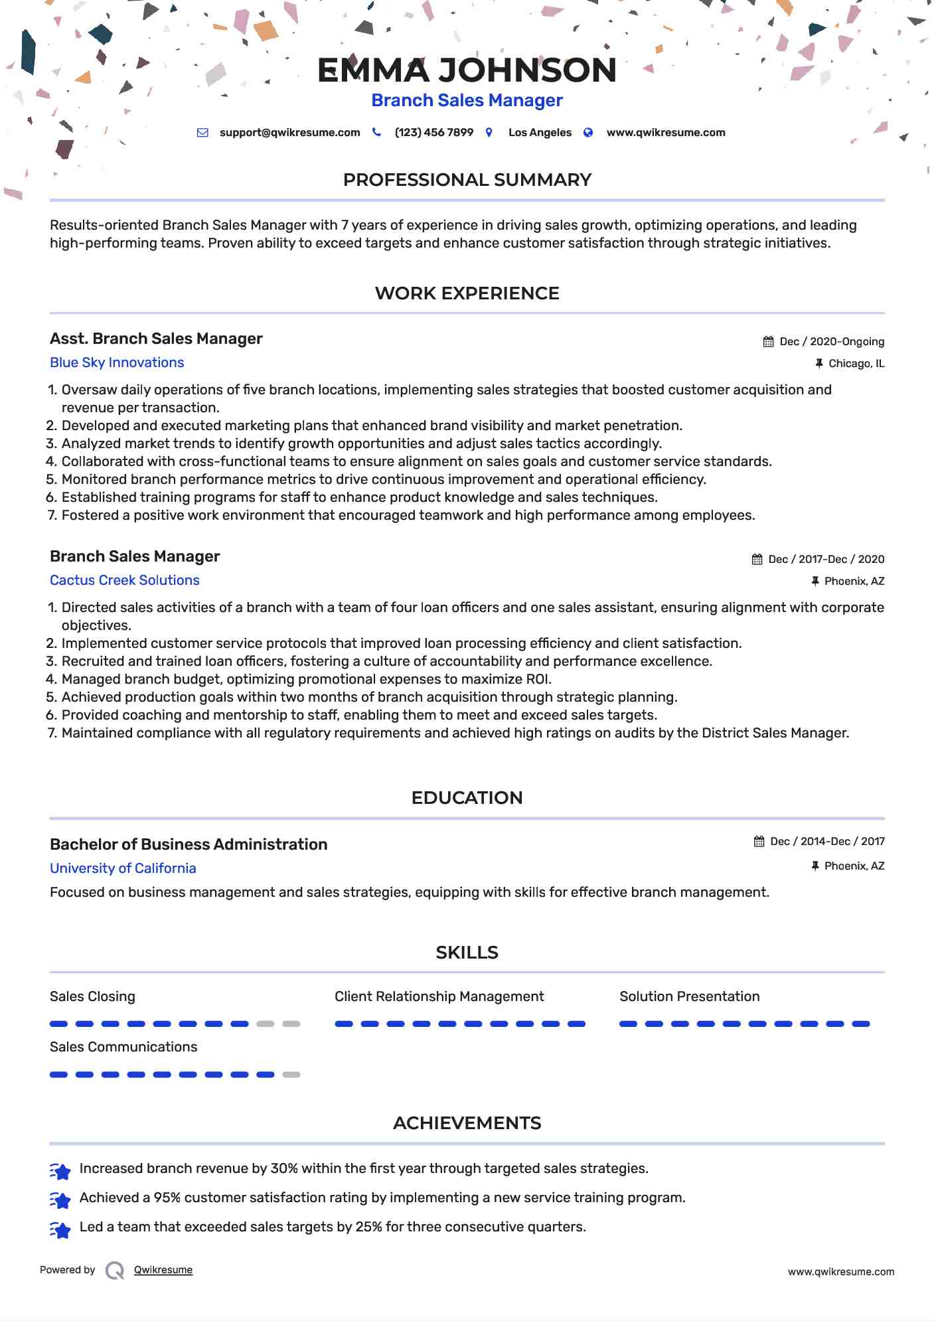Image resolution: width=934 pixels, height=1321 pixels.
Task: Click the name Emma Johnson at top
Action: coord(467,70)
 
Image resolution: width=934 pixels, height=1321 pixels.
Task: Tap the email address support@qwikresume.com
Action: coord(289,133)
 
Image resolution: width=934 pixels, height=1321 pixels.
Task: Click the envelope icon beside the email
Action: coord(202,133)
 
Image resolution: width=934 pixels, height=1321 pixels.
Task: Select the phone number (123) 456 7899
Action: coord(433,133)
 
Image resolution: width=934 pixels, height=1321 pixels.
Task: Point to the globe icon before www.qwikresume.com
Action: coord(588,133)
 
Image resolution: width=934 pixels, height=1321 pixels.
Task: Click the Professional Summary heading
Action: coord(467,180)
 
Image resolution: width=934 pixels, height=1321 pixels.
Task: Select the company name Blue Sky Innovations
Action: coord(117,362)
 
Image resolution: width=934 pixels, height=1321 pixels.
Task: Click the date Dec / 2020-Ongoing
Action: coord(831,342)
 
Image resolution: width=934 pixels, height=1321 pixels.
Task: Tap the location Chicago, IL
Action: coord(856,364)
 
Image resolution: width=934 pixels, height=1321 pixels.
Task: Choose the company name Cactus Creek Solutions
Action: coord(125,580)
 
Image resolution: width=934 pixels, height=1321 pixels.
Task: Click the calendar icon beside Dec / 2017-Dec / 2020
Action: coord(757,560)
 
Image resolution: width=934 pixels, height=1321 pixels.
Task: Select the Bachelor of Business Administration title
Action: coord(189,844)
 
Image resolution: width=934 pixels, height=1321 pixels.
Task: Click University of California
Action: coord(123,868)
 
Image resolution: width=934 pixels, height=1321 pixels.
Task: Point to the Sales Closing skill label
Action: coord(92,996)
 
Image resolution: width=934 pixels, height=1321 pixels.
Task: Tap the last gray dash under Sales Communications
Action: coord(291,1075)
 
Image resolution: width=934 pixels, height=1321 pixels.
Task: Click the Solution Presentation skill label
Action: coord(689,996)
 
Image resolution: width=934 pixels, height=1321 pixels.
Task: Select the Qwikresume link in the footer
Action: coord(163,1270)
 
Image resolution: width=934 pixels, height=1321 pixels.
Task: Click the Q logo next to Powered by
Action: coord(115,1271)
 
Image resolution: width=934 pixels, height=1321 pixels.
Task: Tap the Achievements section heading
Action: coord(467,1123)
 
